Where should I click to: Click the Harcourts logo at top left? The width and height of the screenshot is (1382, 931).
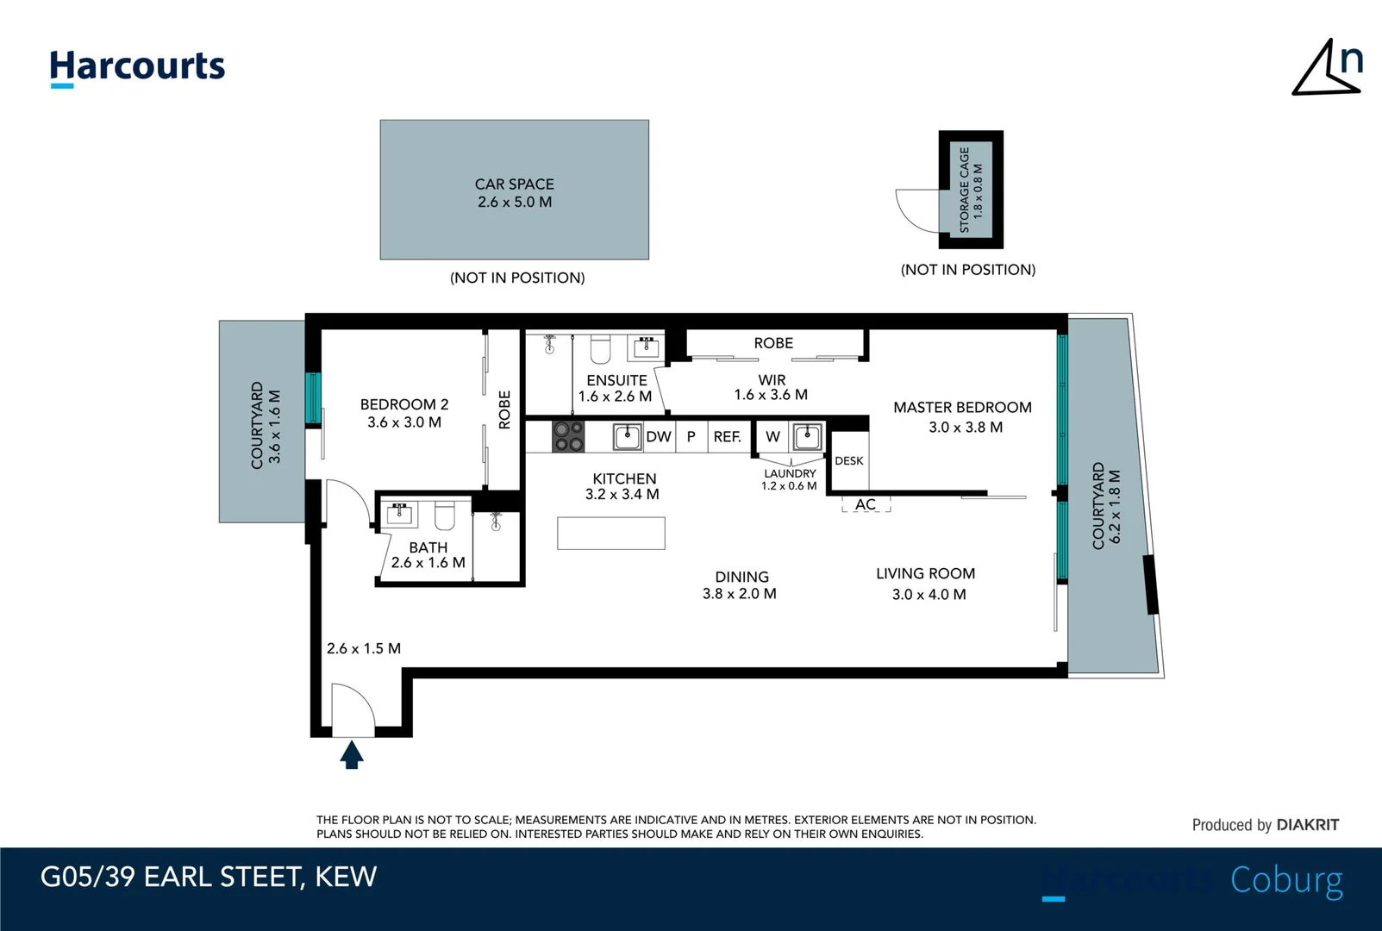137,68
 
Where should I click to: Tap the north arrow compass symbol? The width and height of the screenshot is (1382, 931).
1328,69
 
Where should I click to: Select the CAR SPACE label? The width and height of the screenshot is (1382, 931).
514,184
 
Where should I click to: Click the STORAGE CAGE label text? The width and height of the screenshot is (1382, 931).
965,190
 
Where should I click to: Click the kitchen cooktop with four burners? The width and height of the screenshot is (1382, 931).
568,436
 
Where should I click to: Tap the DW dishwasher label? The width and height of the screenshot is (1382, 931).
659,437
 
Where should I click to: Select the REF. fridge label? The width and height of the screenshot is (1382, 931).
728,437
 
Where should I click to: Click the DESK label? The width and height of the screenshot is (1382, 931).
849,461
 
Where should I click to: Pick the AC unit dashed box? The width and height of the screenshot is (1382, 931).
866,504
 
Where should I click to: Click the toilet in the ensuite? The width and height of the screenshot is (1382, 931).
600,348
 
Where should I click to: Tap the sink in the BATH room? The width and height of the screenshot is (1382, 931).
399,513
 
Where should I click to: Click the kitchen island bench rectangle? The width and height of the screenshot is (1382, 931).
610,533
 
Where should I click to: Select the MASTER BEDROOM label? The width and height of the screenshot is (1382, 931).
962,407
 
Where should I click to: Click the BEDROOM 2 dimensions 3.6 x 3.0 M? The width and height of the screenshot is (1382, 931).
404,422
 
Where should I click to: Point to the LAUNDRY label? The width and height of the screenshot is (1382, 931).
790,473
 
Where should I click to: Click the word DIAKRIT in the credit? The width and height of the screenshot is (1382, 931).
1308,825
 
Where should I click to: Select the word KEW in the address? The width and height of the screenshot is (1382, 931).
346,877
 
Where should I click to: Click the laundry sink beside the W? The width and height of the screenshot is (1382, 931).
807,437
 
